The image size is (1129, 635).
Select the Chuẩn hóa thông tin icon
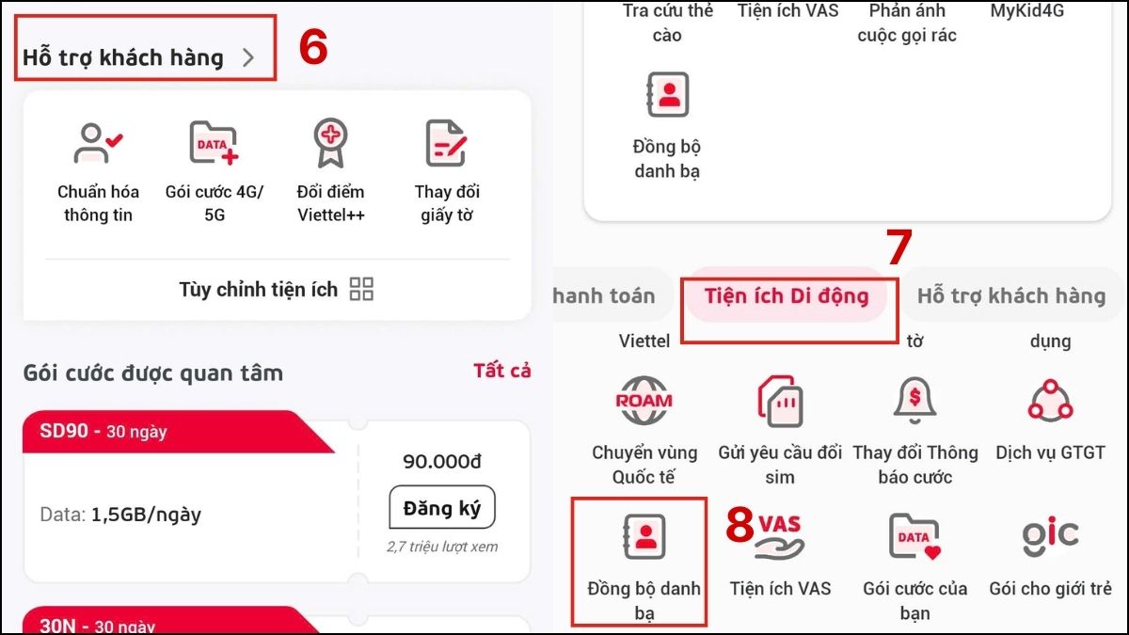[98, 143]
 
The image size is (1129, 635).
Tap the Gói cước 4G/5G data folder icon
[214, 143]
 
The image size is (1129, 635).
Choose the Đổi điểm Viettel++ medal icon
[330, 143]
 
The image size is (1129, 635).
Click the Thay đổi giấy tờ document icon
[446, 143]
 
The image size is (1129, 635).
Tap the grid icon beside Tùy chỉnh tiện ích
[361, 289]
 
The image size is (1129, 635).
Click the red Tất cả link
[501, 371]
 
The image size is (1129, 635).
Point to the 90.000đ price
[441, 461]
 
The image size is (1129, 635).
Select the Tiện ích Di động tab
[787, 295]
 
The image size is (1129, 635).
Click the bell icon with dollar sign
[914, 400]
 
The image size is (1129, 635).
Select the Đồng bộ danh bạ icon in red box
[644, 537]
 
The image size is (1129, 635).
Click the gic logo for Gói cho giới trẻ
[1050, 535]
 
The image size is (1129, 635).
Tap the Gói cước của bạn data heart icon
[914, 537]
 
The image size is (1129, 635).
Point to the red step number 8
[740, 526]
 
